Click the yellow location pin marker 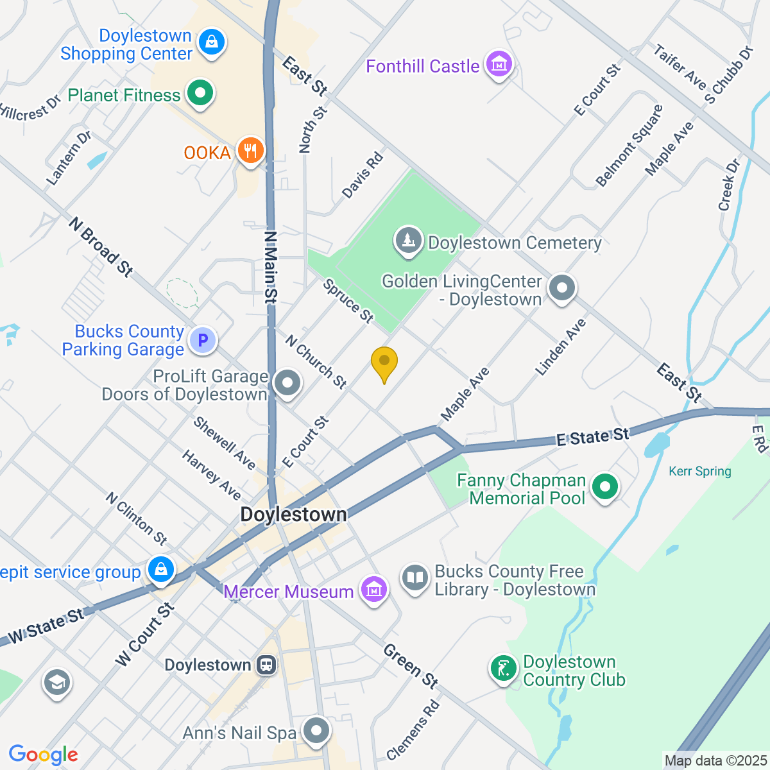(384, 363)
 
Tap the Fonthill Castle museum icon (499, 64)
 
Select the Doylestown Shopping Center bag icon (210, 42)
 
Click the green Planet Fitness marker (200, 94)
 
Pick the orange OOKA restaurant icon (250, 151)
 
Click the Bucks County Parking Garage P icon (203, 340)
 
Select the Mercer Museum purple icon (373, 589)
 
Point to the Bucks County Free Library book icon (415, 578)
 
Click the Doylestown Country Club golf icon (504, 669)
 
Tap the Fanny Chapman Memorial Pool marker (604, 487)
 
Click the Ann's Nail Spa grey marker (316, 731)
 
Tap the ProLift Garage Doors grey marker (287, 384)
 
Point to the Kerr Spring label (699, 472)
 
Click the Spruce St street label (348, 300)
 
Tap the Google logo (43, 755)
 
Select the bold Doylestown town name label (293, 515)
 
